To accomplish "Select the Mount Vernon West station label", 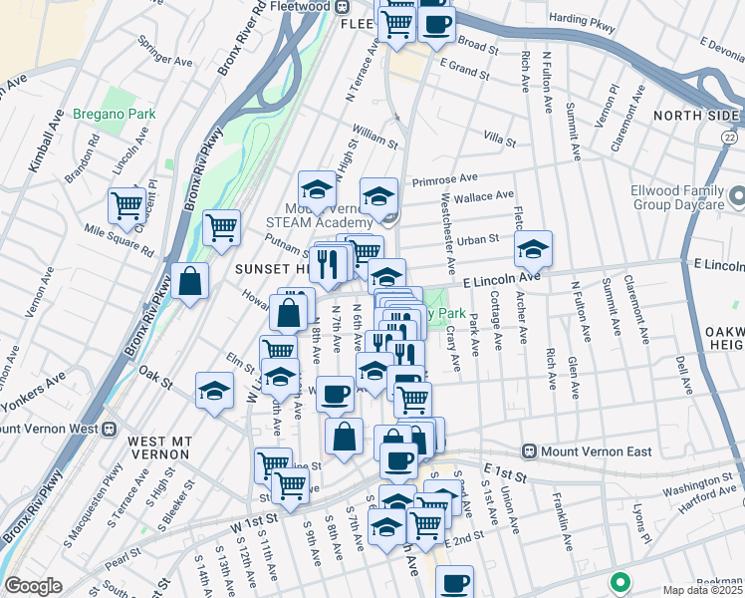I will [54, 429].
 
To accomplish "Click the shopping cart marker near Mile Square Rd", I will [127, 205].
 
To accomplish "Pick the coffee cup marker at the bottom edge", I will [454, 582].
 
